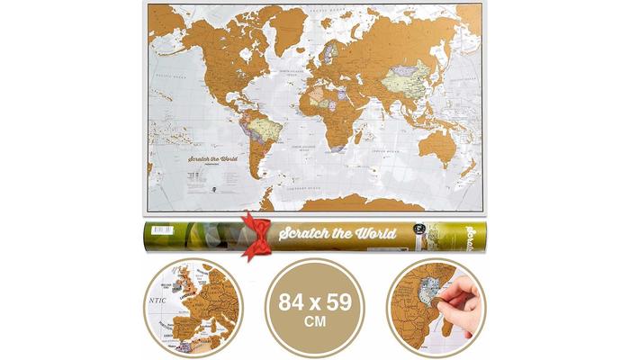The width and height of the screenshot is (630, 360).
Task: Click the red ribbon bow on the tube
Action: [256, 235]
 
